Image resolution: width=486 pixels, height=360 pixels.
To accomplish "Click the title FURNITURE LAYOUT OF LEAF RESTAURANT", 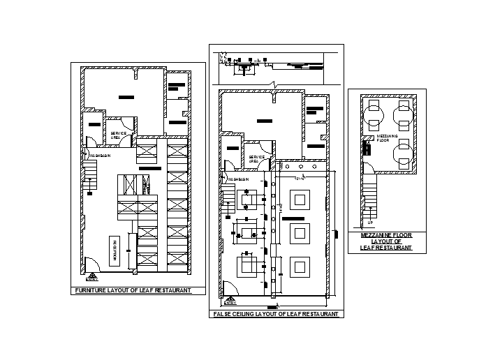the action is (133, 290).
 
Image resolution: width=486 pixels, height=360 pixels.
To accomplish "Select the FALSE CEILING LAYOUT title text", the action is (277, 315).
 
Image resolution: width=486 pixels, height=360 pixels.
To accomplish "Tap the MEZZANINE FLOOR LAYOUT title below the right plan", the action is (386, 241).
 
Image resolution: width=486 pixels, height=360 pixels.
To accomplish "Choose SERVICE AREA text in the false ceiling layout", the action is (256, 158).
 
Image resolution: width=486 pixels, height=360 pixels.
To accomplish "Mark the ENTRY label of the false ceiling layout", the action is (230, 303).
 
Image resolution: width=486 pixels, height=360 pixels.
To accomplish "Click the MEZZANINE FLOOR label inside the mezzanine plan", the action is (387, 137).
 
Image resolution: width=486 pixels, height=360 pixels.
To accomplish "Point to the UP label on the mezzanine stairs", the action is (370, 223).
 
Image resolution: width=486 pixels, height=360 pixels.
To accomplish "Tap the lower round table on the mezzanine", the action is (402, 154).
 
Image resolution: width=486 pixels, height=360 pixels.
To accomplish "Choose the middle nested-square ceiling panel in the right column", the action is (300, 232).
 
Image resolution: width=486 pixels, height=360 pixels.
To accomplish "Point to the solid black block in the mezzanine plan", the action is (365, 149).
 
